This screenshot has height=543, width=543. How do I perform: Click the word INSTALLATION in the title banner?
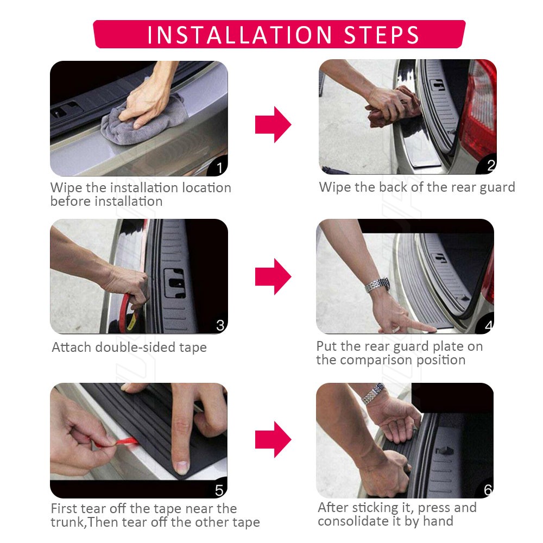point(239,35)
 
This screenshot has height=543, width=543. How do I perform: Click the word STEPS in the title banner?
point(381,35)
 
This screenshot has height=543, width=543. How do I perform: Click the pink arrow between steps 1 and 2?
point(273,124)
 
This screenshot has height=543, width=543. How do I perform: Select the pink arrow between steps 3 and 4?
point(273,277)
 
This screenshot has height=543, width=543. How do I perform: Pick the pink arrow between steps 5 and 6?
point(273,439)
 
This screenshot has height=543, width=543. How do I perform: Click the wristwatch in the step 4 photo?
point(377,285)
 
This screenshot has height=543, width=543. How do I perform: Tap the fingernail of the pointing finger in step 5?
point(182,467)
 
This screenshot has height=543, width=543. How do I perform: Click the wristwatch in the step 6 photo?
point(374,393)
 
